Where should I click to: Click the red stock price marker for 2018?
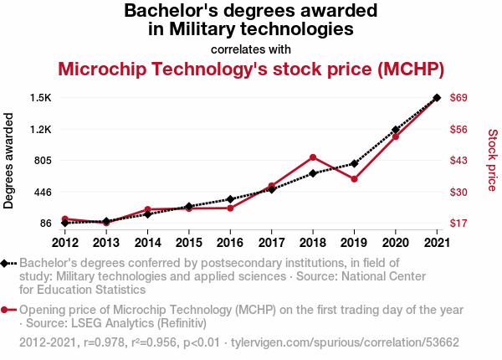click(313, 157)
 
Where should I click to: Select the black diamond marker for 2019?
click(354, 163)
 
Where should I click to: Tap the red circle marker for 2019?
click(354, 179)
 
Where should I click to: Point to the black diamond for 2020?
click(396, 130)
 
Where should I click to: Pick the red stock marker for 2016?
click(230, 208)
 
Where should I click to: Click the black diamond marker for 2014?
click(147, 214)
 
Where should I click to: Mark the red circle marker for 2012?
click(65, 219)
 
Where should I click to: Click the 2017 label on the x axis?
click(271, 243)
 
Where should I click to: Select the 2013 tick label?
click(106, 243)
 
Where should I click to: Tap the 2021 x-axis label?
click(437, 243)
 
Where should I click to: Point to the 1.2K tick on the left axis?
click(41, 130)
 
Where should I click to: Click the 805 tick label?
click(43, 160)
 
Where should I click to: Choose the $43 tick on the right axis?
click(458, 160)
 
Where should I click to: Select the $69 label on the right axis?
click(458, 97)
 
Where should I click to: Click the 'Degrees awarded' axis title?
click(8, 161)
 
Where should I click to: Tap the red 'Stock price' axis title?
click(493, 160)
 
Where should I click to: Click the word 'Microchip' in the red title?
click(102, 69)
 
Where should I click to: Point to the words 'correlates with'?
click(251, 49)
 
